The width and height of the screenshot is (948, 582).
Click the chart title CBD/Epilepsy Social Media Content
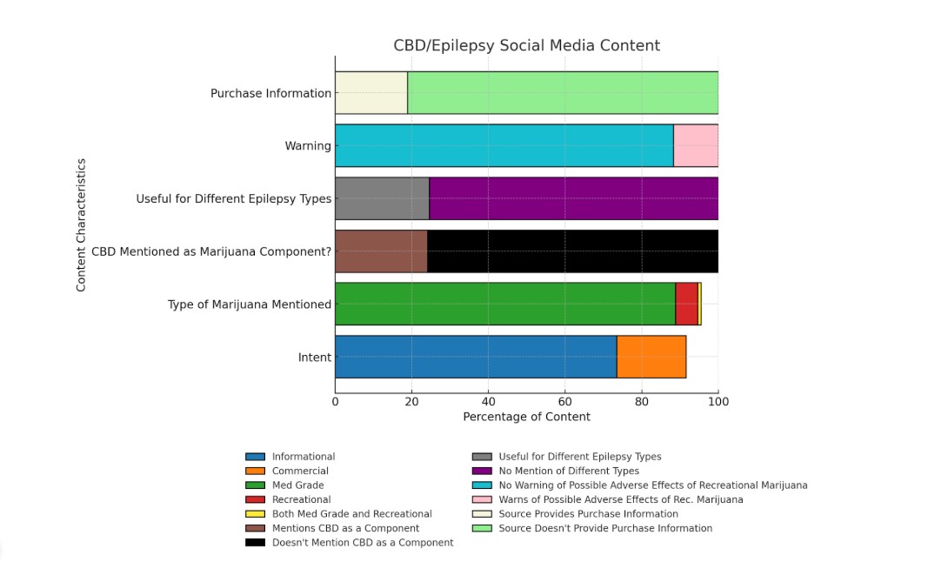coord(526,45)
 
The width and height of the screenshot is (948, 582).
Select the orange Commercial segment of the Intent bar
coord(651,357)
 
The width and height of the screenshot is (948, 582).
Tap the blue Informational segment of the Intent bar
coord(476,357)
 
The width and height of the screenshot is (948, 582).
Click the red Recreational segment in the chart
coord(686,304)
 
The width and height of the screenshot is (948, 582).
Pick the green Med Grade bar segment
coord(505,304)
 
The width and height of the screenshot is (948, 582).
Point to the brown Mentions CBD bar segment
coord(381,251)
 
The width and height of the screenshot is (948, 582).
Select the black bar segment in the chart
coord(572,251)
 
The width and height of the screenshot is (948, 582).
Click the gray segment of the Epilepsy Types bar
coord(382,198)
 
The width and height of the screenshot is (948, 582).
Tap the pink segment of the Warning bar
coord(696,145)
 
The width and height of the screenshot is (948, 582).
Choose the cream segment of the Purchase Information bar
coord(371,93)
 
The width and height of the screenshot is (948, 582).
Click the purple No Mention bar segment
coord(573,198)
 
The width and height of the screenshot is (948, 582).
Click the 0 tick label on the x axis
coord(335,401)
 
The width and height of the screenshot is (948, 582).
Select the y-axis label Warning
coord(308,146)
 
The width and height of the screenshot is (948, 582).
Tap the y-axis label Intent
coord(314,357)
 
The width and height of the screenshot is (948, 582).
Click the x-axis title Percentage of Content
coord(526,417)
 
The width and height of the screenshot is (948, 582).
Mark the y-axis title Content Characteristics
coord(82,224)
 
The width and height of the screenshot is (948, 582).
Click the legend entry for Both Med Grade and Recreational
coord(351,513)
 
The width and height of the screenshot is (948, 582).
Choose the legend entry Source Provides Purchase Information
coord(588,513)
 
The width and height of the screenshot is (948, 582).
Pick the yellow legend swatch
coord(255,513)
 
